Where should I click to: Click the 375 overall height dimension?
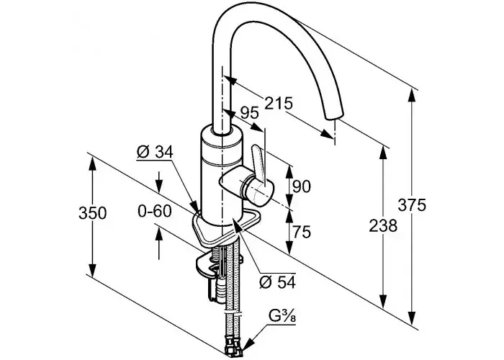(x=412, y=205)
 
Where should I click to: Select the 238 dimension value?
(x=383, y=225)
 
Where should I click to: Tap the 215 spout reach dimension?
(x=279, y=103)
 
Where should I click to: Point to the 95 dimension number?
(x=250, y=113)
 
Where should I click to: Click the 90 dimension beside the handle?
(x=302, y=186)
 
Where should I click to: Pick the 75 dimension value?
(x=302, y=232)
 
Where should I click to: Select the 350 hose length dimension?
(x=93, y=213)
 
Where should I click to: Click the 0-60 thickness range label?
(x=155, y=211)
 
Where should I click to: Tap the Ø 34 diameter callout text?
(x=155, y=152)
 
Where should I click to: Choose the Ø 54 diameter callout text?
(x=277, y=282)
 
